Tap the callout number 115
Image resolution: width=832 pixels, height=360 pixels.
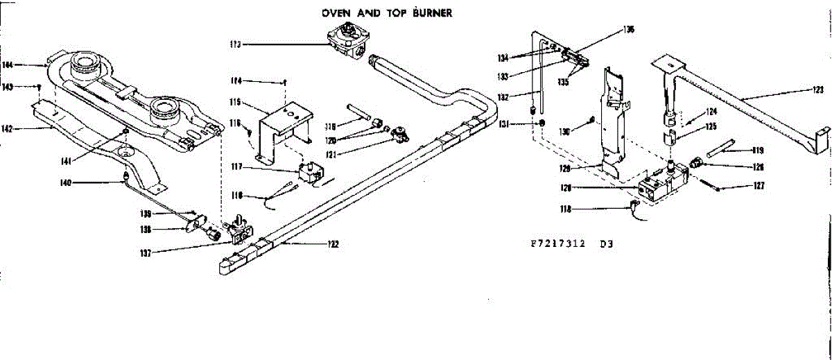[235, 103]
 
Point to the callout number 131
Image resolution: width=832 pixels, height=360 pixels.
[513, 123]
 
